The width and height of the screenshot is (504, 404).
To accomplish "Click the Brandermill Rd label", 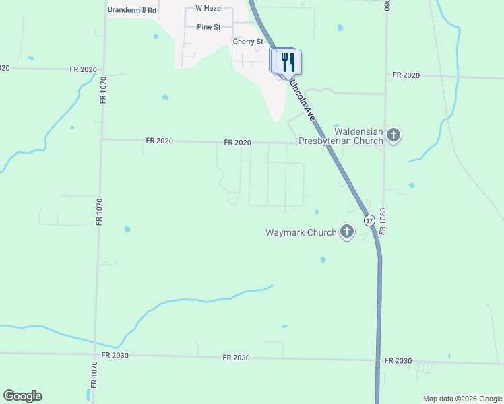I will pyautogui.click(x=132, y=11).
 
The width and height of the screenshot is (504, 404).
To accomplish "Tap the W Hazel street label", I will pyautogui.click(x=208, y=8).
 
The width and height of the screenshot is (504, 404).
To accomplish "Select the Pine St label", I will pyautogui.click(x=209, y=27).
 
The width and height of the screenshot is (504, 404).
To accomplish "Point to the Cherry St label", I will pyautogui.click(x=248, y=42).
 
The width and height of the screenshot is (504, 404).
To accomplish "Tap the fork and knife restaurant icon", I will pyautogui.click(x=288, y=63).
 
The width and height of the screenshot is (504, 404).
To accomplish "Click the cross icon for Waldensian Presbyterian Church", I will pyautogui.click(x=393, y=136).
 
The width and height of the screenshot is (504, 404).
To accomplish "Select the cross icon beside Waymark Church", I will pyautogui.click(x=347, y=232).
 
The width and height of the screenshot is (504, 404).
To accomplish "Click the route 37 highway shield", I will pyautogui.click(x=369, y=220).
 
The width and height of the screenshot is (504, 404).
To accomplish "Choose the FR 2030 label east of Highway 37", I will pyautogui.click(x=398, y=361).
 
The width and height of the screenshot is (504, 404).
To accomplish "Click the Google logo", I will pyautogui.click(x=22, y=396).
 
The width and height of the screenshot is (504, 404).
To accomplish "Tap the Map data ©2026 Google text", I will pyautogui.click(x=462, y=399).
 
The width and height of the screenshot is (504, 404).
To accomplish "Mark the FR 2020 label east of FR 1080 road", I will pyautogui.click(x=406, y=75).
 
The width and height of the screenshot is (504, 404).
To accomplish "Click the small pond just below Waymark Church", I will pyautogui.click(x=323, y=259).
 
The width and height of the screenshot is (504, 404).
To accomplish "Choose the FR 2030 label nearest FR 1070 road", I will pyautogui.click(x=115, y=354).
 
